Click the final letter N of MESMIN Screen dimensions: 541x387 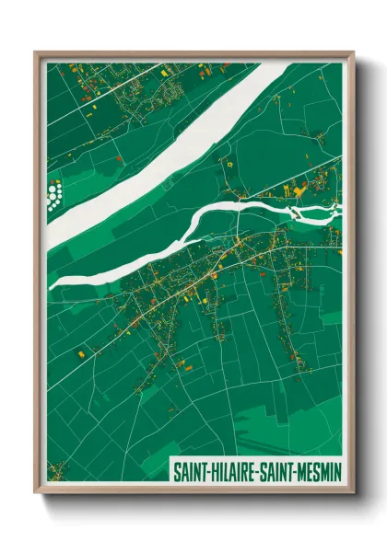334,470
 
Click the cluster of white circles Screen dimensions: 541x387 55,195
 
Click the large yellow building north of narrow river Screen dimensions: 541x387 299,190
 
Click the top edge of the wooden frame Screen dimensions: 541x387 193,53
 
